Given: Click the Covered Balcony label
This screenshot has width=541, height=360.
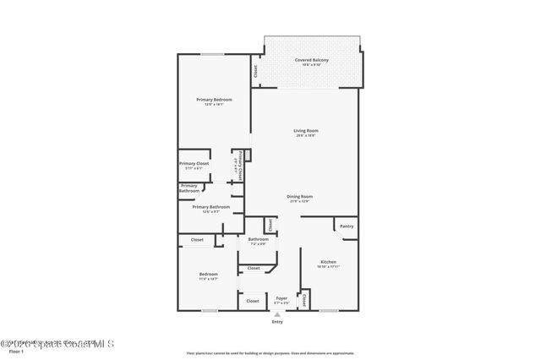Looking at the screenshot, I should coord(311,60).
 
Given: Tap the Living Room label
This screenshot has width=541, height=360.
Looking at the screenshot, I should coord(305,131).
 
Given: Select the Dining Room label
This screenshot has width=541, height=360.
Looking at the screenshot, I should coord(300,196).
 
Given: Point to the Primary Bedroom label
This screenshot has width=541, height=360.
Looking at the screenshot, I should coord(214,101).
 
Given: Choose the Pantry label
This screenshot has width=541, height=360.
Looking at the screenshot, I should coord(347,226).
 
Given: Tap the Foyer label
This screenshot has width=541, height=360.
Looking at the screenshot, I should coord(281,298).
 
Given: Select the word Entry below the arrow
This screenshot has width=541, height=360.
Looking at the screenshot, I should coord(277,322).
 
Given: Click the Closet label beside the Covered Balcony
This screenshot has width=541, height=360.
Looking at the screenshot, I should coord(255,73).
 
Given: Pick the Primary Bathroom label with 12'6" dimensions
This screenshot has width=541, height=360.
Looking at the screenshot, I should coord(210,207).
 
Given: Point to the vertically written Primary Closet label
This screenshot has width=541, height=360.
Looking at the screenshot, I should coord(240,165).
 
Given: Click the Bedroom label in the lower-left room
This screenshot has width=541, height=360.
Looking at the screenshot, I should coord(208,274).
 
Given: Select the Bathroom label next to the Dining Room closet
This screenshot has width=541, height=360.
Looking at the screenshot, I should coord(258,239).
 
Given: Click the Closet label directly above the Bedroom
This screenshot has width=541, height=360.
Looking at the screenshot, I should coord(197,240).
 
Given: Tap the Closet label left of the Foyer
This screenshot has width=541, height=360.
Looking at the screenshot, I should coord(252,300).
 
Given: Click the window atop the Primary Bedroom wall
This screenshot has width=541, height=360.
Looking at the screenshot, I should coord(212,55).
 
